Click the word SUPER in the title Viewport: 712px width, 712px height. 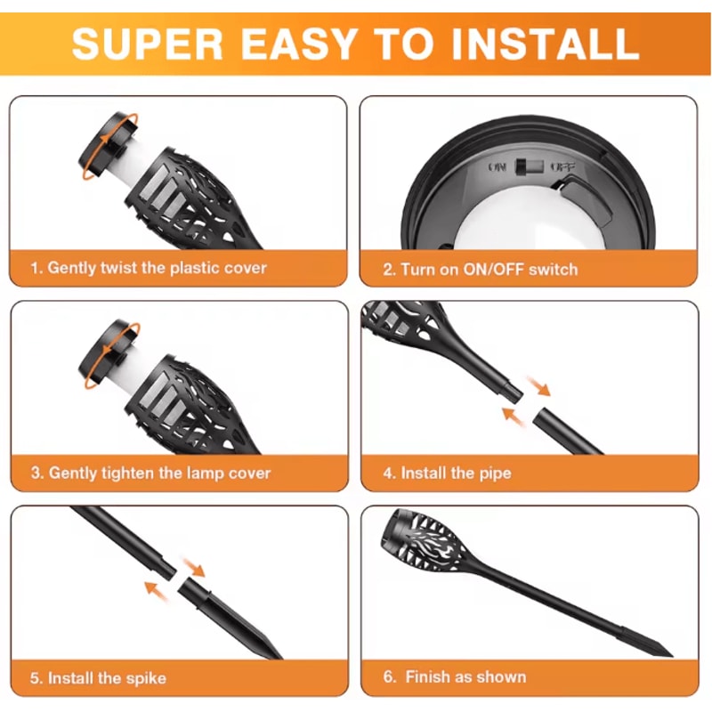pyautogui.click(x=147, y=44)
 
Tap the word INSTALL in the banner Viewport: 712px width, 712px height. pyautogui.click(x=545, y=44)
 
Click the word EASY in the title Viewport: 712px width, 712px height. pyautogui.click(x=298, y=44)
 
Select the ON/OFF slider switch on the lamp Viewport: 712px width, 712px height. pyautogui.click(x=529, y=166)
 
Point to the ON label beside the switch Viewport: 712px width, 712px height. pyautogui.click(x=498, y=167)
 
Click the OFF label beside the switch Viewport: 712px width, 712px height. pyautogui.click(x=563, y=167)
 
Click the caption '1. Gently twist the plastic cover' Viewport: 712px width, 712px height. pyautogui.click(x=149, y=268)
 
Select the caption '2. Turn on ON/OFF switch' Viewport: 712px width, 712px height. pyautogui.click(x=481, y=270)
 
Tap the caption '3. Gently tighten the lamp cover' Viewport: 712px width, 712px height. pyautogui.click(x=150, y=473)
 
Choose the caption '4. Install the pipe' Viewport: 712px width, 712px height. pyautogui.click(x=448, y=473)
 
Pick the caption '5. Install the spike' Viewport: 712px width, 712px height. pyautogui.click(x=98, y=678)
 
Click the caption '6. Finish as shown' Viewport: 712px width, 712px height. pyautogui.click(x=455, y=676)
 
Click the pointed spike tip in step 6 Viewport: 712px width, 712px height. pyautogui.click(x=671, y=654)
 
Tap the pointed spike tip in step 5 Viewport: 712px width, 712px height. pyautogui.click(x=280, y=657)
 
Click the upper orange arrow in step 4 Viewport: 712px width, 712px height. pyautogui.click(x=539, y=386)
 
